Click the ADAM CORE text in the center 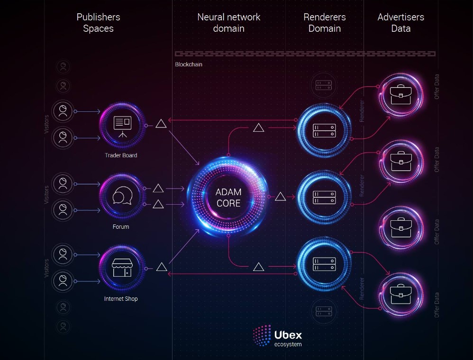coord(228,198)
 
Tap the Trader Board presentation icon coord(122,126)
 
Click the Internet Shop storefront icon coord(122,268)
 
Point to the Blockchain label coord(189,64)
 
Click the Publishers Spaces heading coord(98,23)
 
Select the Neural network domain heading coord(228,23)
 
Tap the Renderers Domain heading coord(325,23)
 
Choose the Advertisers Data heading coord(400,23)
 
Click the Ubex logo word coord(288,335)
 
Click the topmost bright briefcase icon coord(400,94)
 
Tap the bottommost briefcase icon coord(400,294)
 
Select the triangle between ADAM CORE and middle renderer coord(280,197)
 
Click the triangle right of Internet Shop coord(162,267)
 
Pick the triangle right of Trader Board coord(161,124)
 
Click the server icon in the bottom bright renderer coord(324,264)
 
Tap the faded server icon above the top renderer coord(324,85)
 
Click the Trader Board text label coord(121,155)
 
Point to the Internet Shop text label coord(121,299)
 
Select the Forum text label coord(121,227)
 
